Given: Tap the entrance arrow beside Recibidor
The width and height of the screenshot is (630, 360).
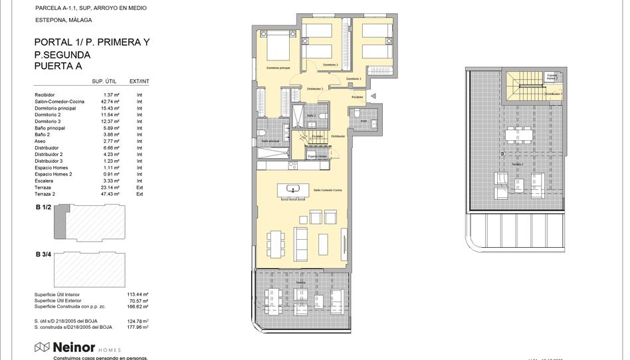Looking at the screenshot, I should (373, 96).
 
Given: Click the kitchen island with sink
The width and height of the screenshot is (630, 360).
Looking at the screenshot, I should (294, 190).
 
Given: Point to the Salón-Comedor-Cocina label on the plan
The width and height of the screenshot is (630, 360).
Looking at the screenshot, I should (328, 191).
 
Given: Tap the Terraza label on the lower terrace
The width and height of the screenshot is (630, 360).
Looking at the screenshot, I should (300, 283).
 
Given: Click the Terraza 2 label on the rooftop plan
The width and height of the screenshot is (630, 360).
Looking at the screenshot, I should (517, 163).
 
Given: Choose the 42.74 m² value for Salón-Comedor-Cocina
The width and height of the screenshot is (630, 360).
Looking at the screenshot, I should (111, 102).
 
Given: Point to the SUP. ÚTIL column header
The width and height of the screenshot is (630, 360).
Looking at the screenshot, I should (104, 81).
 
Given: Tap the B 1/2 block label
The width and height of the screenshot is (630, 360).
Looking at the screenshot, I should (43, 207).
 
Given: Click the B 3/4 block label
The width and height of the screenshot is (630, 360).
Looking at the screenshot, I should (43, 254).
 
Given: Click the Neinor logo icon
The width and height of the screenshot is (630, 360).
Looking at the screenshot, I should (42, 347).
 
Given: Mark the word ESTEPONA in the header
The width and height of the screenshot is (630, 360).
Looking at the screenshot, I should (47, 20).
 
